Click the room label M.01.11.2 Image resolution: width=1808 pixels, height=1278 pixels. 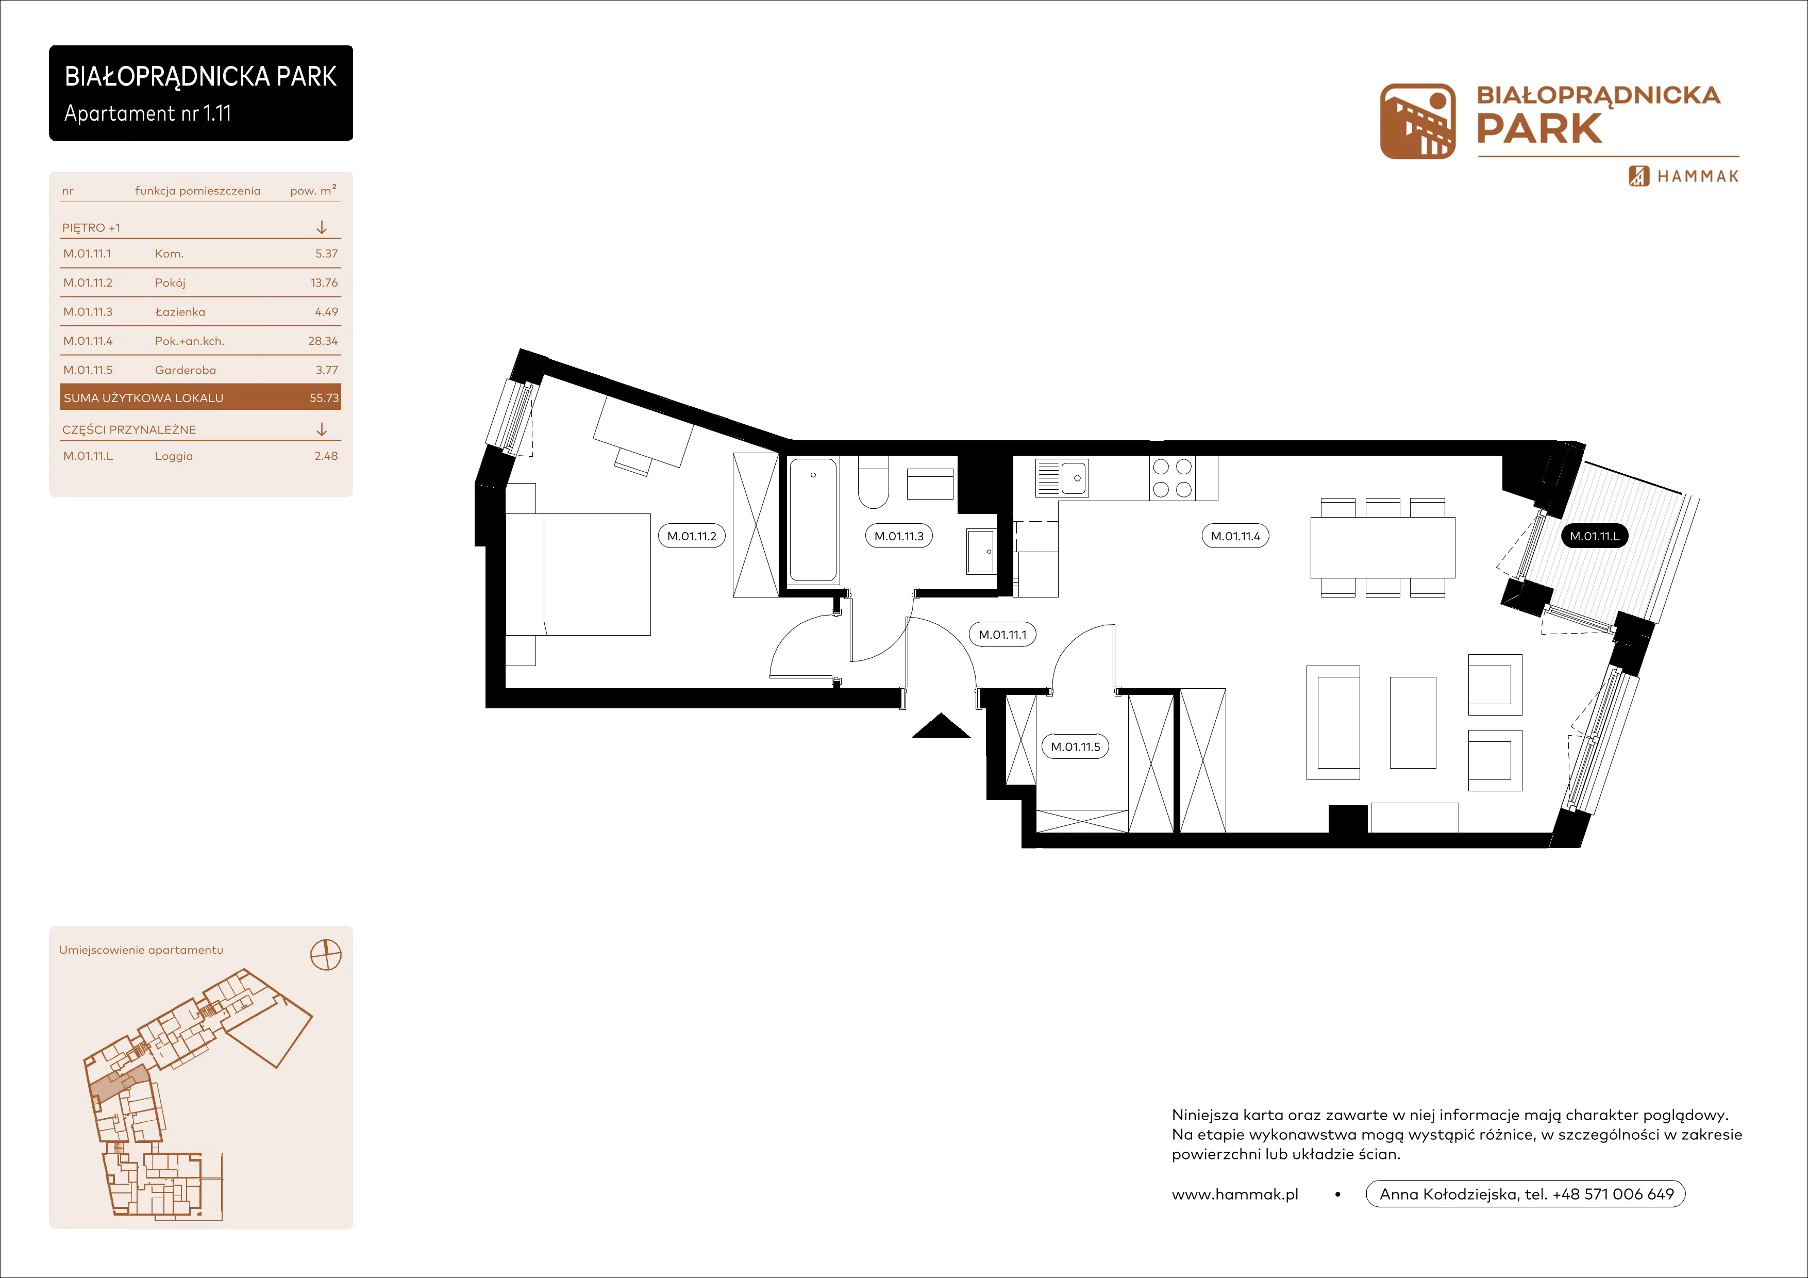point(691,536)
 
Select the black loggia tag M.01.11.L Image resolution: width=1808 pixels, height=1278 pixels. point(1595,536)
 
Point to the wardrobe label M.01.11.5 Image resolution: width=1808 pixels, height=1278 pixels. point(1075,746)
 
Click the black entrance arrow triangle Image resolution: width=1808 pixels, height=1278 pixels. point(942,726)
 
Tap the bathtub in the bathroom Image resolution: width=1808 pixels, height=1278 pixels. point(813,520)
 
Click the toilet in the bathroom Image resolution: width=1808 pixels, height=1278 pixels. point(873,482)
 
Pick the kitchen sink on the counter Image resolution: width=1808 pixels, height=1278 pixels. point(1062,477)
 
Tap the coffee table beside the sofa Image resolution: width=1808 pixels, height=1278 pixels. point(1413,722)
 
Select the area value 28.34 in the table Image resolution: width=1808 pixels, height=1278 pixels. point(323,341)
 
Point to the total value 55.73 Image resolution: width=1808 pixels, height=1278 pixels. point(324,397)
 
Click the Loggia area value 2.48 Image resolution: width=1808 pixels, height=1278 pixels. point(326,456)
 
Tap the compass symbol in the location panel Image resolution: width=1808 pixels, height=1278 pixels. point(326,955)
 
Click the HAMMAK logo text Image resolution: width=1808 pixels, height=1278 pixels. point(1698,176)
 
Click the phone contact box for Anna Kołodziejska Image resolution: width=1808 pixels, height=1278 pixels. point(1525,1194)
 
